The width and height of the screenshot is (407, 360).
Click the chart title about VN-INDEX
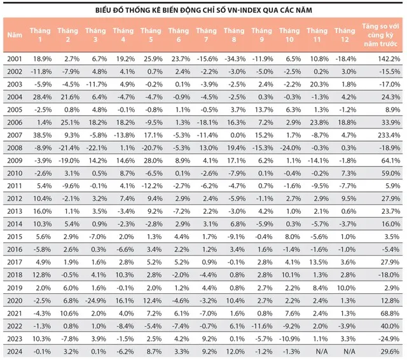pyautogui.click(x=203, y=10)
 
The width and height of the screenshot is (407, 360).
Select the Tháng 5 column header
pyautogui.click(x=151, y=35)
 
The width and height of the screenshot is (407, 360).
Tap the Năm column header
pyautogui.click(x=15, y=35)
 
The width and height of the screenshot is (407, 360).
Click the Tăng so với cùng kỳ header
pyautogui.click(x=380, y=35)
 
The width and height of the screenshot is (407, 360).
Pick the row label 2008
pyautogui.click(x=15, y=148)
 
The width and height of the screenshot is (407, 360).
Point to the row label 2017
pyautogui.click(x=15, y=262)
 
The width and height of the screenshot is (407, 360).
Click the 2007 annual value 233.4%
pyautogui.click(x=389, y=135)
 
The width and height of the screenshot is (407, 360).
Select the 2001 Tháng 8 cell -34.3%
pyautogui.click(x=235, y=59)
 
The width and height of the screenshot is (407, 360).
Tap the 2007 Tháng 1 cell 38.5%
pyautogui.click(x=42, y=135)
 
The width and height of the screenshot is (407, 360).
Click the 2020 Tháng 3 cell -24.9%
pyautogui.click(x=96, y=301)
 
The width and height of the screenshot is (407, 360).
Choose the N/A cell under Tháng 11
pyautogui.click(x=322, y=352)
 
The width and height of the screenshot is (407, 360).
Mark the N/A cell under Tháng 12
pyautogui.click(x=349, y=352)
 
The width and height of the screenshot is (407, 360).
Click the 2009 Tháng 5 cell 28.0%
pyautogui.click(x=153, y=161)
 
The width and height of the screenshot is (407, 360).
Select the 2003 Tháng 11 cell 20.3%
pyautogui.click(x=319, y=85)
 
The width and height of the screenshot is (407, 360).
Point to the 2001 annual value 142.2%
pyautogui.click(x=389, y=59)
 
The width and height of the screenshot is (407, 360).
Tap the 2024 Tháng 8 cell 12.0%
pyautogui.click(x=235, y=352)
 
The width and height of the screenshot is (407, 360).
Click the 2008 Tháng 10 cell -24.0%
pyautogui.click(x=291, y=148)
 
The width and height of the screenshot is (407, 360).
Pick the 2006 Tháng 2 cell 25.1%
pyautogui.click(x=70, y=123)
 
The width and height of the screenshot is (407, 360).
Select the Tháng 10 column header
pyautogui.click(x=289, y=35)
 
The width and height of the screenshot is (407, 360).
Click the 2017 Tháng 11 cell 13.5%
pyautogui.click(x=319, y=262)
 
